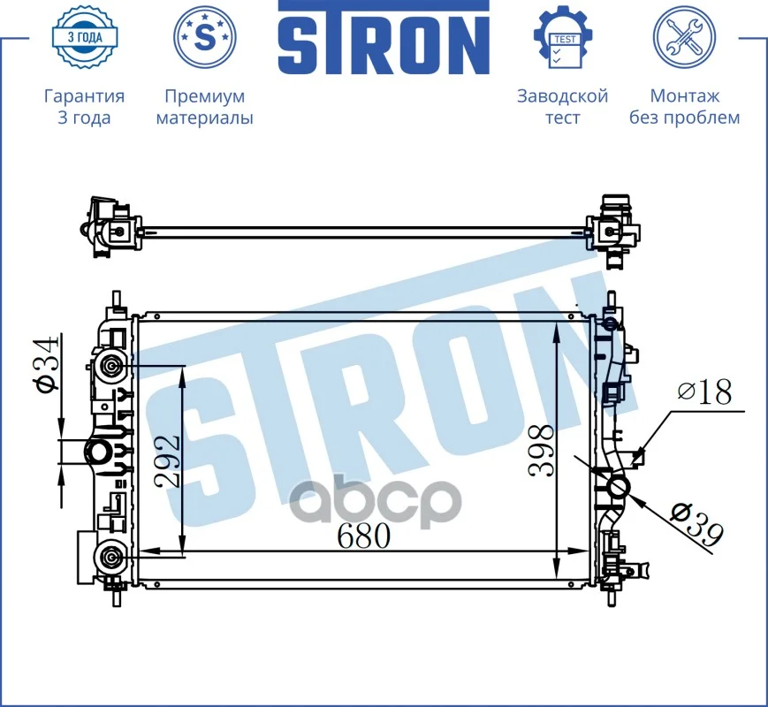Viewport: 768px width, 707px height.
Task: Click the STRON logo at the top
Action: (384, 38)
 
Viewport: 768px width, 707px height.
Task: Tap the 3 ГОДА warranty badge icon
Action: (85, 37)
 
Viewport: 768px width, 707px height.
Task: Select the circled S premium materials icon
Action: (205, 37)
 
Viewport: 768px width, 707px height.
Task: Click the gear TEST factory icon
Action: (563, 37)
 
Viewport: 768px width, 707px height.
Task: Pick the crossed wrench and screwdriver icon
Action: (684, 37)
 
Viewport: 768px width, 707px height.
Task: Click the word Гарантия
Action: (84, 96)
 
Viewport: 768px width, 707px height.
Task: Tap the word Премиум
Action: (205, 96)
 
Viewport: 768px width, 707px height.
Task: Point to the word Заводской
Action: (563, 96)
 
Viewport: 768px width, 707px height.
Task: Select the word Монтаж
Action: (684, 96)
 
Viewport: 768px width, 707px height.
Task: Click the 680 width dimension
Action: (364, 536)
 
